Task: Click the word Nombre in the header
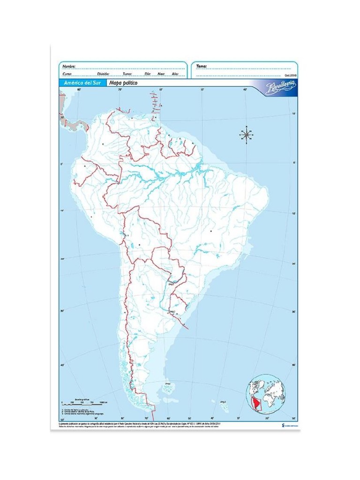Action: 69,67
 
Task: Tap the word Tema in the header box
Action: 201,67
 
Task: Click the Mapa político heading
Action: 123,83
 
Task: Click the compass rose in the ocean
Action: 246,135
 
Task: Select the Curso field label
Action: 67,74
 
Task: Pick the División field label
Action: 103,74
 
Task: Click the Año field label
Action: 174,74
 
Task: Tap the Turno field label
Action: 127,74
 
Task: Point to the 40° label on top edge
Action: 244,89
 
